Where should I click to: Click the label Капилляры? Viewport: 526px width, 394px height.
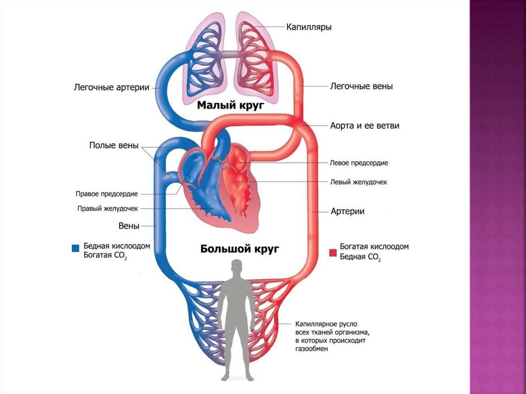308,27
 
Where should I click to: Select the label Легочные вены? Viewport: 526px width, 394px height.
361,86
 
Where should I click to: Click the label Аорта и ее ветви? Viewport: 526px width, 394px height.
364,126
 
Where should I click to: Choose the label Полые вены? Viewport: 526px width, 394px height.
114,145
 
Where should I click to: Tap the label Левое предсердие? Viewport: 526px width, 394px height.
359,163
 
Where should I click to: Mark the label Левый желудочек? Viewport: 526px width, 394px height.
358,182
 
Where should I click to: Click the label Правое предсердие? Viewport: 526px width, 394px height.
106,194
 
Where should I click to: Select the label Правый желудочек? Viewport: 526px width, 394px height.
107,209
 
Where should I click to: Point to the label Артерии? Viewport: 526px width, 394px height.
347,211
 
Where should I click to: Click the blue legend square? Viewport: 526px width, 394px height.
76,248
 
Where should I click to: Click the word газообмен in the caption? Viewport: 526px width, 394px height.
311,349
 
